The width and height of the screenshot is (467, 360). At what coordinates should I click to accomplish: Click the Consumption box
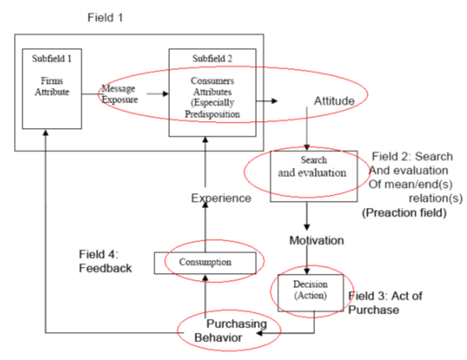tap(204, 262)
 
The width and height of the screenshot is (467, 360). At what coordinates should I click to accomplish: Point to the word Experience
tap(221, 198)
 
